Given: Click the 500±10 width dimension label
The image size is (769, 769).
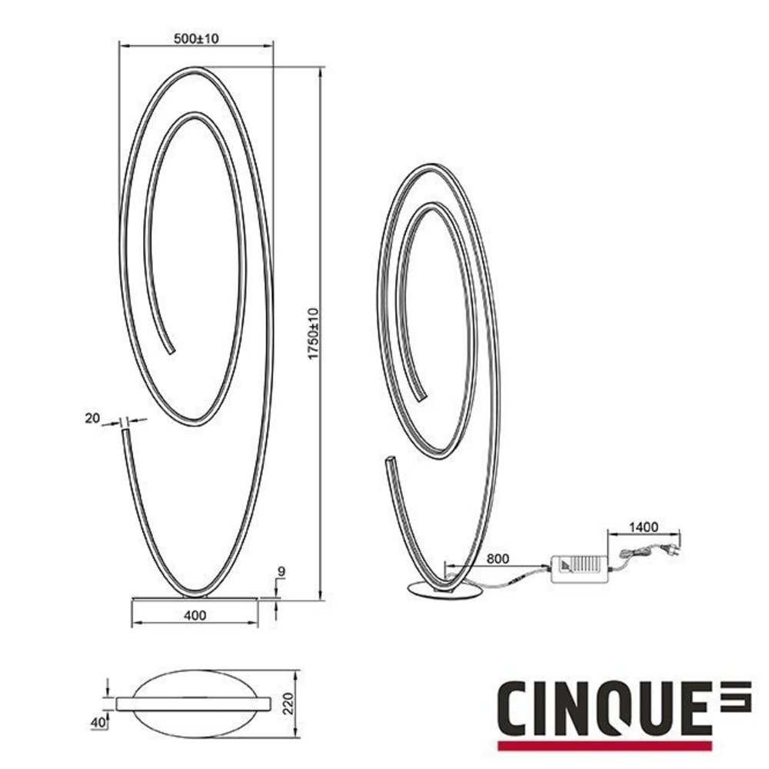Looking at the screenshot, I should pos(197,40).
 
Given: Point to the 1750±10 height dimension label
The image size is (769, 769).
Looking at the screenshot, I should pos(312,333).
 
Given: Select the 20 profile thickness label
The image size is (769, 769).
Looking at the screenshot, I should pos(93,418).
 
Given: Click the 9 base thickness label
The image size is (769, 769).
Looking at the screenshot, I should pos(281,571).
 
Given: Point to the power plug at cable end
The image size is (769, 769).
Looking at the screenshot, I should pos(674,548).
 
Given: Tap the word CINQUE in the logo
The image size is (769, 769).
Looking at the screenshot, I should pos(601,708).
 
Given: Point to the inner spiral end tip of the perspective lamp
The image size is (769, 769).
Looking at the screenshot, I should pos(419,394).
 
